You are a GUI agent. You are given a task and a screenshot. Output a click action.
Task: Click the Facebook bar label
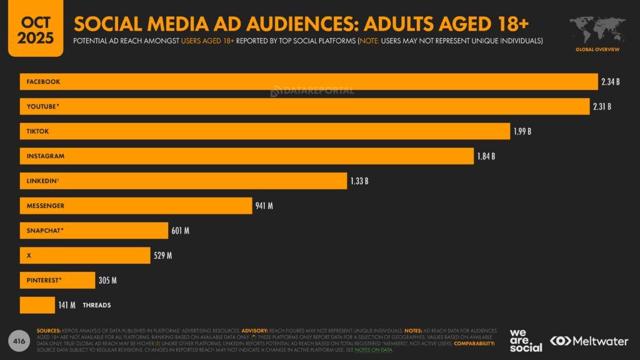click(43, 82)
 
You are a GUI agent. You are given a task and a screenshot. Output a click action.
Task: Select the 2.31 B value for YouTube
click(602, 106)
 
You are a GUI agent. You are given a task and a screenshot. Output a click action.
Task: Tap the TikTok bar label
click(37, 131)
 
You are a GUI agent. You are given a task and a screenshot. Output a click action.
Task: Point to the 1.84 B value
click(486, 156)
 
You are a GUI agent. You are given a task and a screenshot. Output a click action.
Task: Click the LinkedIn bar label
click(42, 181)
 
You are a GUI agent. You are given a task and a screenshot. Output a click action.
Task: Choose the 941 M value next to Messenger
click(264, 206)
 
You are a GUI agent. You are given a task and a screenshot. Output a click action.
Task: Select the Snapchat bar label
click(45, 231)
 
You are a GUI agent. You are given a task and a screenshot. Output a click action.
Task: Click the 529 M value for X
click(162, 255)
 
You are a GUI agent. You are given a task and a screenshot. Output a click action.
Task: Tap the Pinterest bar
click(57, 280)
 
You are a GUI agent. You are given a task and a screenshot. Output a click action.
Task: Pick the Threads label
click(96, 305)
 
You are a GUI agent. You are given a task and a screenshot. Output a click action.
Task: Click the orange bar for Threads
click(37, 305)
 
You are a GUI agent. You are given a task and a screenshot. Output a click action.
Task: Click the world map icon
click(597, 29)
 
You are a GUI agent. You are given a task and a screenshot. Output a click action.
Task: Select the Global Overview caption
click(597, 49)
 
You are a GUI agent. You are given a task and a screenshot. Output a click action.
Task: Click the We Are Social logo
click(525, 341)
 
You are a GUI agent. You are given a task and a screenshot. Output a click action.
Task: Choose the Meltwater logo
click(589, 341)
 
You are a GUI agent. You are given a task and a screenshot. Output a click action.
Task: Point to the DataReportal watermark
click(312, 91)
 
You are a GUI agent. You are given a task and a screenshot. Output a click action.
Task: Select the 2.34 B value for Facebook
click(611, 82)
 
